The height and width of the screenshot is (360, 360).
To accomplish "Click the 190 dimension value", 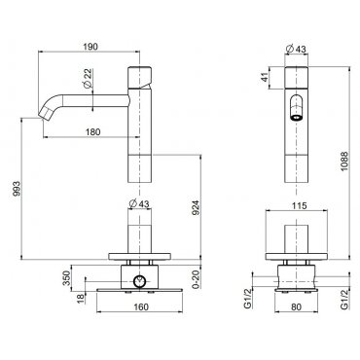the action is (90, 47).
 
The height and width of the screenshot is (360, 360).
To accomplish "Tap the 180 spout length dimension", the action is (93, 132).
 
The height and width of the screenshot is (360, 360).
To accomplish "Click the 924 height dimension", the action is (196, 208).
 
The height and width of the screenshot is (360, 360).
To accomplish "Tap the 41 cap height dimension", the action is (266, 77).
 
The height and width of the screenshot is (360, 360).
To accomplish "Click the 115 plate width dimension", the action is (299, 205).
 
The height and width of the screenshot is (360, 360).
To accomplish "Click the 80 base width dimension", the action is (296, 307).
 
